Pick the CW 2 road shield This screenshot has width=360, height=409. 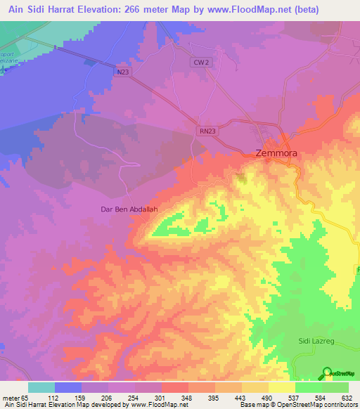click(200, 63)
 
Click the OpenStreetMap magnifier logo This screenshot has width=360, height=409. click(327, 373)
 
